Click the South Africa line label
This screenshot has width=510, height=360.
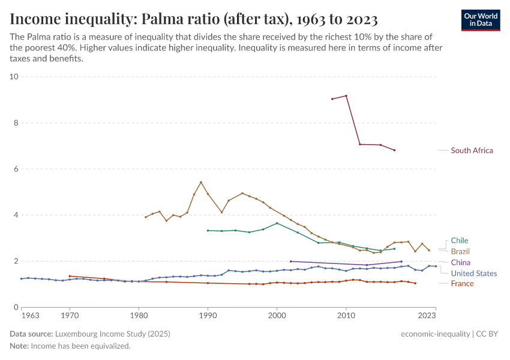pos(472,151)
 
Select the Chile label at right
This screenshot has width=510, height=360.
pos(460,241)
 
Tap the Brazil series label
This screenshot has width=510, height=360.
pos(460,251)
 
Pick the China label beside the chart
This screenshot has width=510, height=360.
pos(460,262)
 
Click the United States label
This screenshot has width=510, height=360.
pos(473,273)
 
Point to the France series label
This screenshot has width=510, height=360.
pos(462,284)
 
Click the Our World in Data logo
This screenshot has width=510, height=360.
pos(481,19)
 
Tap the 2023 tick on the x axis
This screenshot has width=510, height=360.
pos(427,315)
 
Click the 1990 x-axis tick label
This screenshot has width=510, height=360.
pos(208,315)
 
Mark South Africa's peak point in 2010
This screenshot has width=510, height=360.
pos(346,95)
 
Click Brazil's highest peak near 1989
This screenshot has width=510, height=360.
pos(201,182)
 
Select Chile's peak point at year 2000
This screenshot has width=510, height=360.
pos(277,223)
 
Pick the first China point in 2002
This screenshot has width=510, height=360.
pos(290,261)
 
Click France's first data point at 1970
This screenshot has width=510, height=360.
pos(70,276)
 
